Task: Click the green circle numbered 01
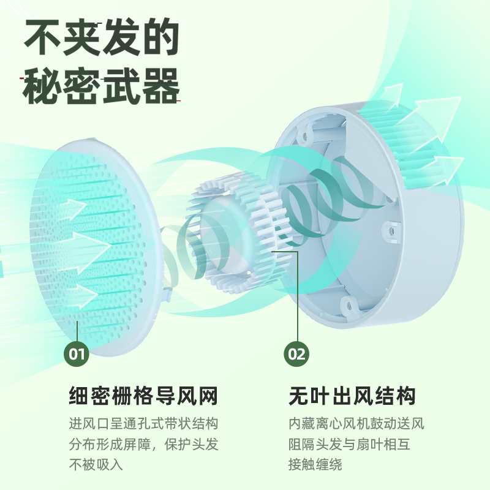click(x=77, y=353)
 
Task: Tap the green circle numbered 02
click(x=297, y=353)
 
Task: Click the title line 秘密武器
click(x=101, y=87)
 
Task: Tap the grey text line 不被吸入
click(x=96, y=464)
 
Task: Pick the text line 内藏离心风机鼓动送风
click(x=356, y=424)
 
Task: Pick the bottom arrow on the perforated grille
click(x=80, y=295)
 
